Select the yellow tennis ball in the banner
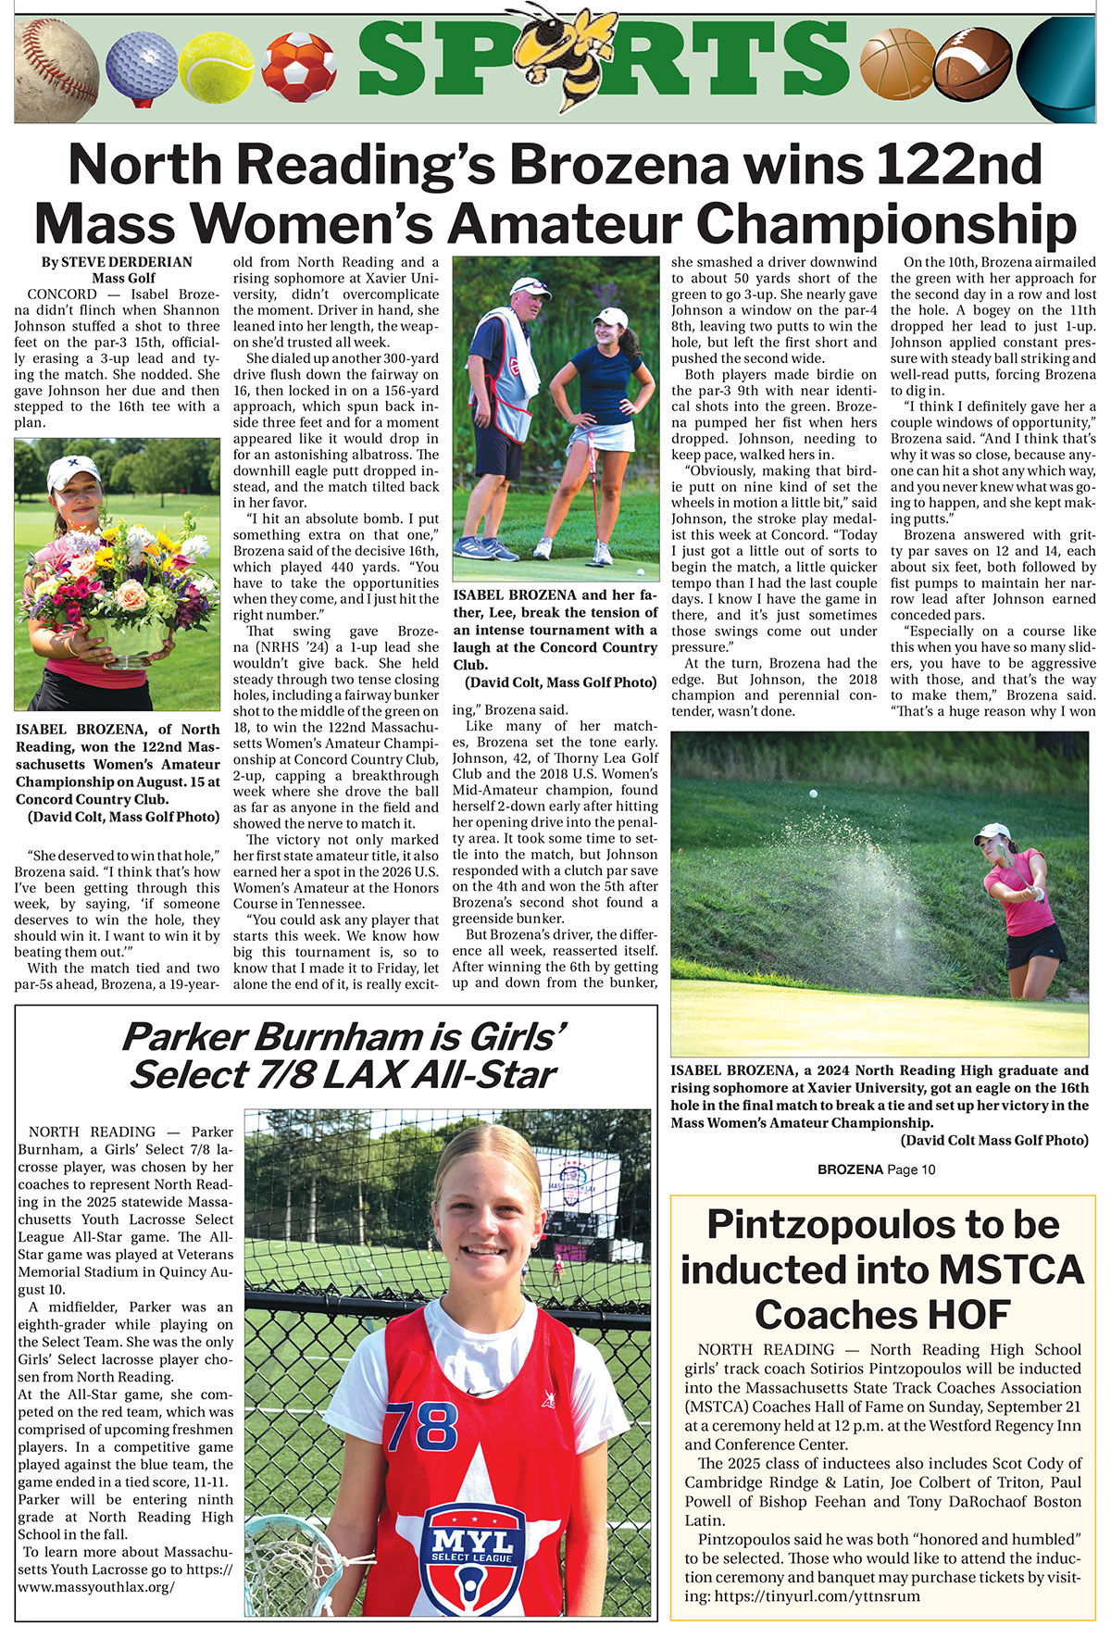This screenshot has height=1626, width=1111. click(x=216, y=68)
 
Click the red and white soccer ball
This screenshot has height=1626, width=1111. click(x=298, y=68)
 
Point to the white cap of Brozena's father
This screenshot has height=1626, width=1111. click(x=529, y=286)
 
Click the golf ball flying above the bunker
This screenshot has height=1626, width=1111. click(x=813, y=794)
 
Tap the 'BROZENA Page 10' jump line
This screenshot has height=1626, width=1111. click(x=876, y=1169)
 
